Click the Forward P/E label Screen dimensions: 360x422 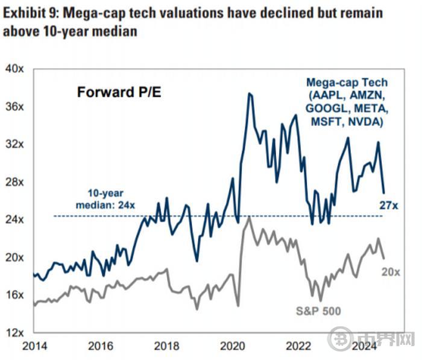tap(116, 93)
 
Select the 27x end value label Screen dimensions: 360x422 tap(389, 206)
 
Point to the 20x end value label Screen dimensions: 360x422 tap(391, 273)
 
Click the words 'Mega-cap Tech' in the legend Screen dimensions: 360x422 tap(346, 83)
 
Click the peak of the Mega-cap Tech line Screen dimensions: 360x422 tap(248, 93)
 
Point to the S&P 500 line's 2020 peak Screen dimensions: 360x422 tap(249, 218)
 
